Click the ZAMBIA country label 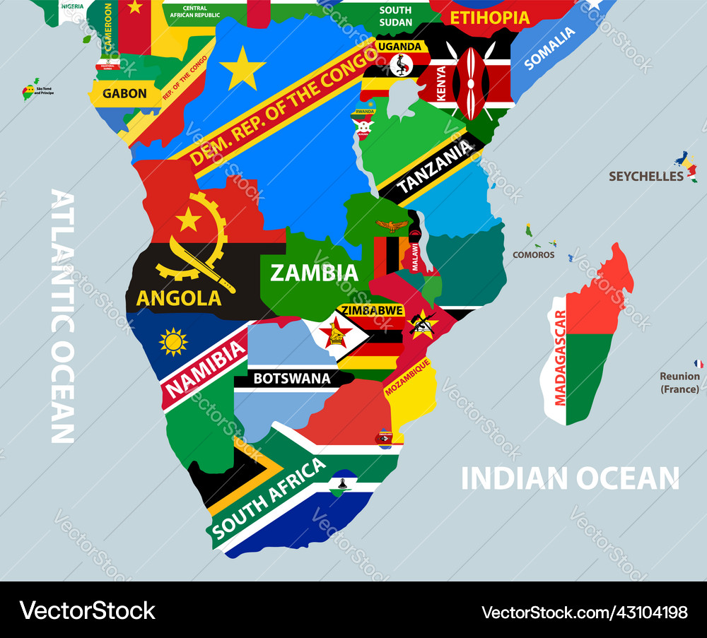pos(314,273)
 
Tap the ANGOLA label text pos(178,297)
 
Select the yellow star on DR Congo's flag pos(243,68)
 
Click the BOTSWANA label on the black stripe pos(292,379)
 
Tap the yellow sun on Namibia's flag pos(173,342)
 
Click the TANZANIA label pos(435,167)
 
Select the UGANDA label pos(399,47)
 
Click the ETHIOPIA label pos(489,18)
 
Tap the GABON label pos(124,93)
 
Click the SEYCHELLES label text pos(646,176)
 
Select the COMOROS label pos(534,254)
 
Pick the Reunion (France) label pos(679,382)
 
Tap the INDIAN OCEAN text pos(570,478)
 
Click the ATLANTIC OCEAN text pos(64,315)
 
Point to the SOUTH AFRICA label pos(269,498)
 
